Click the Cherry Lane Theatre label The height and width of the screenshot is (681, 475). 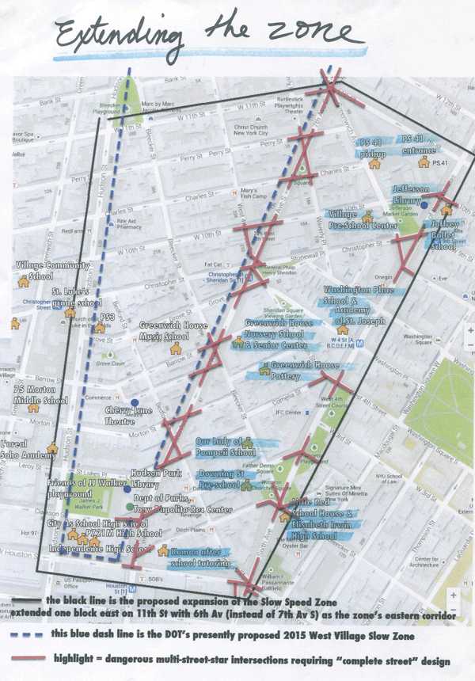tap(131, 416)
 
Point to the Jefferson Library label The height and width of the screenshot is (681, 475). tap(416, 194)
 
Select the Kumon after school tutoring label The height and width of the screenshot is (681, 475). tap(199, 556)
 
